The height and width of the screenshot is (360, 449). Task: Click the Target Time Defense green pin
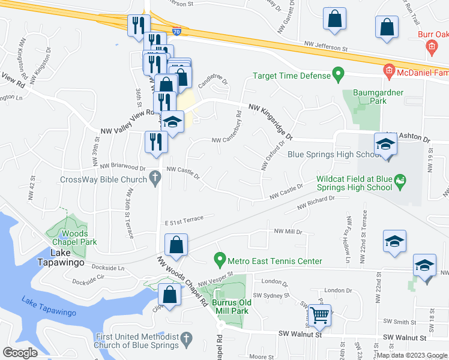[338, 76]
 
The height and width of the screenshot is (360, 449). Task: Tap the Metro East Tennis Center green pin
[220, 260]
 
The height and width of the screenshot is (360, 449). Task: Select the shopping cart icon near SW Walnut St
[321, 314]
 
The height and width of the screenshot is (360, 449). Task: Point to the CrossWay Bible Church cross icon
[155, 178]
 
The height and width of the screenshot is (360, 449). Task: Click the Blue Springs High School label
[334, 154]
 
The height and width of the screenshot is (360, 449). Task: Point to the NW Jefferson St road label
[325, 46]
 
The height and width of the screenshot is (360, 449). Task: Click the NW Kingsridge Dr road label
[270, 121]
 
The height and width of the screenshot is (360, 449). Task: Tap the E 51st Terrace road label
[188, 220]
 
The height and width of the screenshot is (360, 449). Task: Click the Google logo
[20, 353]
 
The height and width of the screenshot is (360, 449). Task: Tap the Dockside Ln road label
[107, 268]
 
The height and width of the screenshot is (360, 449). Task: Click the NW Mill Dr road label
[287, 231]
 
